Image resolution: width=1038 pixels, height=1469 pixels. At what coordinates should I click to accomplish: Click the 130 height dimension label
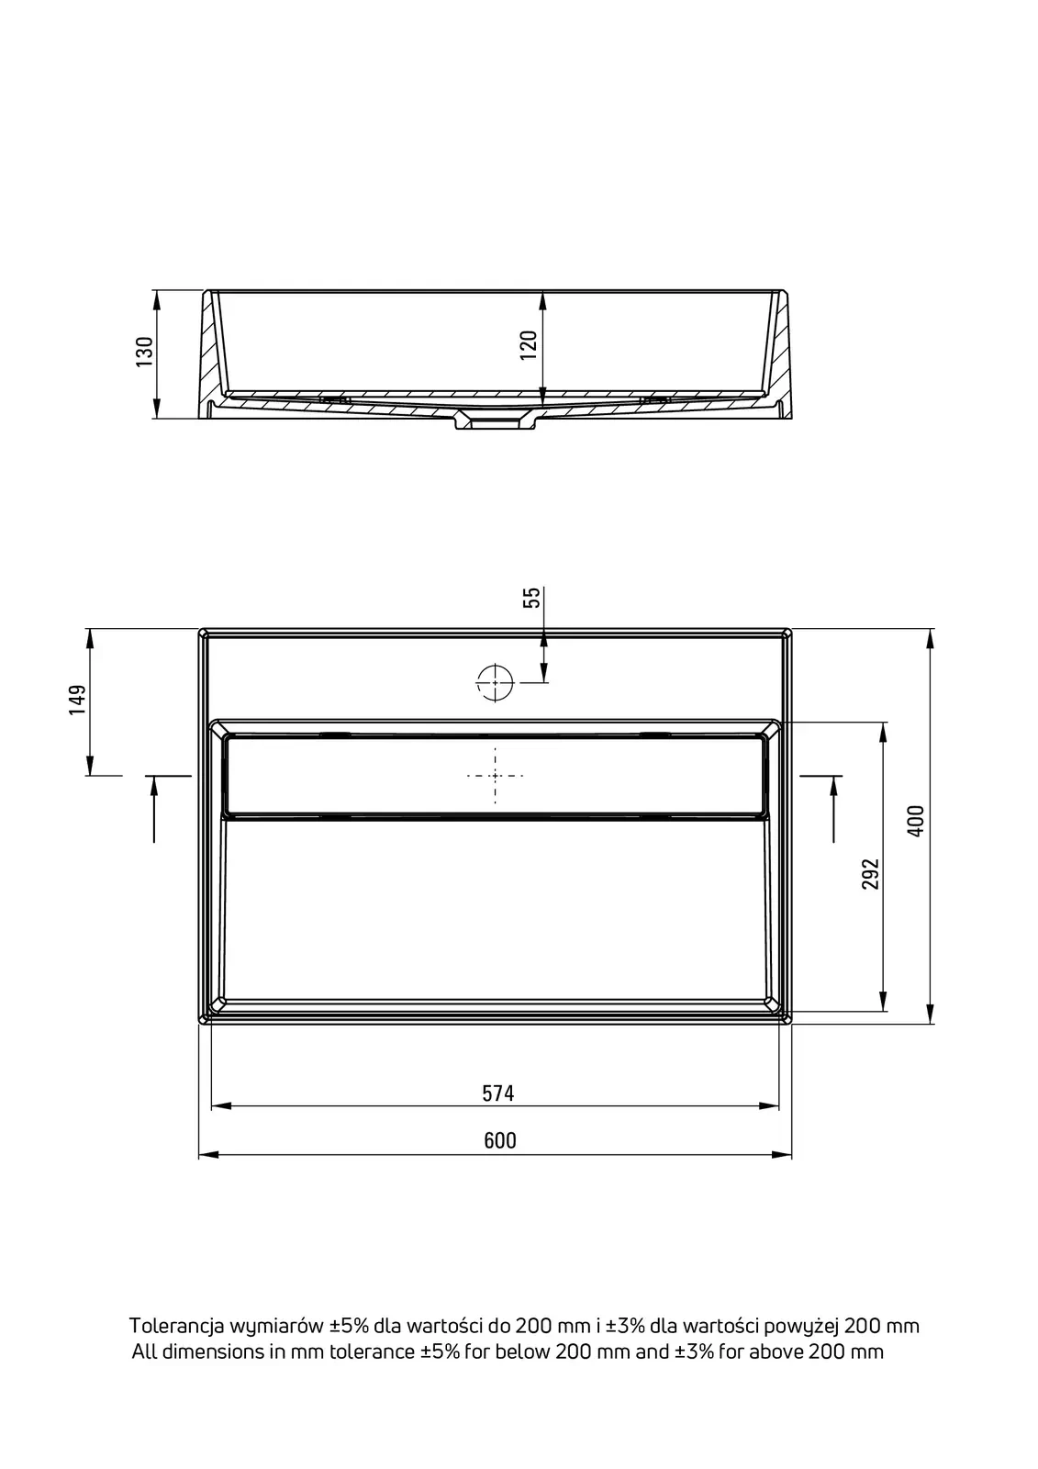pyautogui.click(x=144, y=352)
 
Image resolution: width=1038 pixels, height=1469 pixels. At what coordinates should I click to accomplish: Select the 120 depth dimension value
pyautogui.click(x=528, y=344)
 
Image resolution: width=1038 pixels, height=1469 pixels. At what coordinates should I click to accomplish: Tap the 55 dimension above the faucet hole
pyautogui.click(x=531, y=598)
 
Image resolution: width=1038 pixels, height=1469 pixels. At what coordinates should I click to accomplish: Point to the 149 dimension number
pyautogui.click(x=77, y=700)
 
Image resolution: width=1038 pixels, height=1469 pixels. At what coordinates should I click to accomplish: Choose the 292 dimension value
pyautogui.click(x=870, y=873)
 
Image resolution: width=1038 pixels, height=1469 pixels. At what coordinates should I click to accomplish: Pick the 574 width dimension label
pyautogui.click(x=498, y=1093)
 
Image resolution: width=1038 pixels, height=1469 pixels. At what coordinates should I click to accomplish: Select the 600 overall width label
pyautogui.click(x=500, y=1139)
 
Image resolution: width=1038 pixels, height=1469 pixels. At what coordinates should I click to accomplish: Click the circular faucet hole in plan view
pyautogui.click(x=495, y=683)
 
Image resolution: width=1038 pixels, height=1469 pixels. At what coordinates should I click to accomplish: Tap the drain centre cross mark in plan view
pyautogui.click(x=495, y=776)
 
